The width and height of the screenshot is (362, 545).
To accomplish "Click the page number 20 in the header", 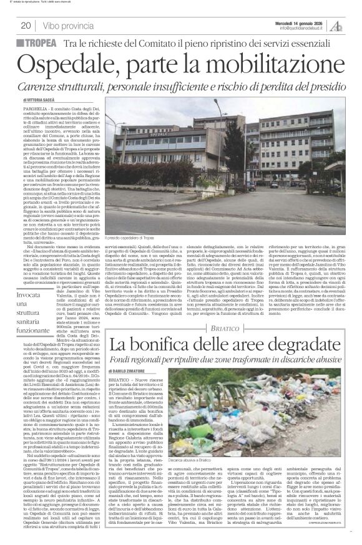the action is click(x=26, y=26).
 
